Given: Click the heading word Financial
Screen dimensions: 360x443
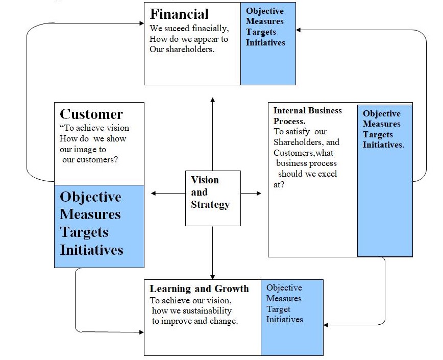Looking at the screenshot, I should point(179,14).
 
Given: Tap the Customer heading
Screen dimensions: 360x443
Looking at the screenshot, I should point(91,114).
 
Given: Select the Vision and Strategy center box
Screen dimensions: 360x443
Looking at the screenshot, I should point(212,198).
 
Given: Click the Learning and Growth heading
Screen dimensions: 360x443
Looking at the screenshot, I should point(199,289).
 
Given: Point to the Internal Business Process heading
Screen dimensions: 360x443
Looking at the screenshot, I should point(307,115).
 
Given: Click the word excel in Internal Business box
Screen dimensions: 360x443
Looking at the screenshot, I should point(325,174).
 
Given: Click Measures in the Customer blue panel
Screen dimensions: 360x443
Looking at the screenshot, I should point(90,214).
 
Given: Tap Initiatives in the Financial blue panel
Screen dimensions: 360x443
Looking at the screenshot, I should point(265,43).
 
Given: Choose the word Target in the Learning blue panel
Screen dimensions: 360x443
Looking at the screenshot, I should point(278,309).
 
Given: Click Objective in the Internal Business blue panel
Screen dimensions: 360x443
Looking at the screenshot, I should point(381,113).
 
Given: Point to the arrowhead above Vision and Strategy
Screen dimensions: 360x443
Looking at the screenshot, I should point(212,100).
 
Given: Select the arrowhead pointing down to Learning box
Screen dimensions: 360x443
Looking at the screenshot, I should point(212,276).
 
